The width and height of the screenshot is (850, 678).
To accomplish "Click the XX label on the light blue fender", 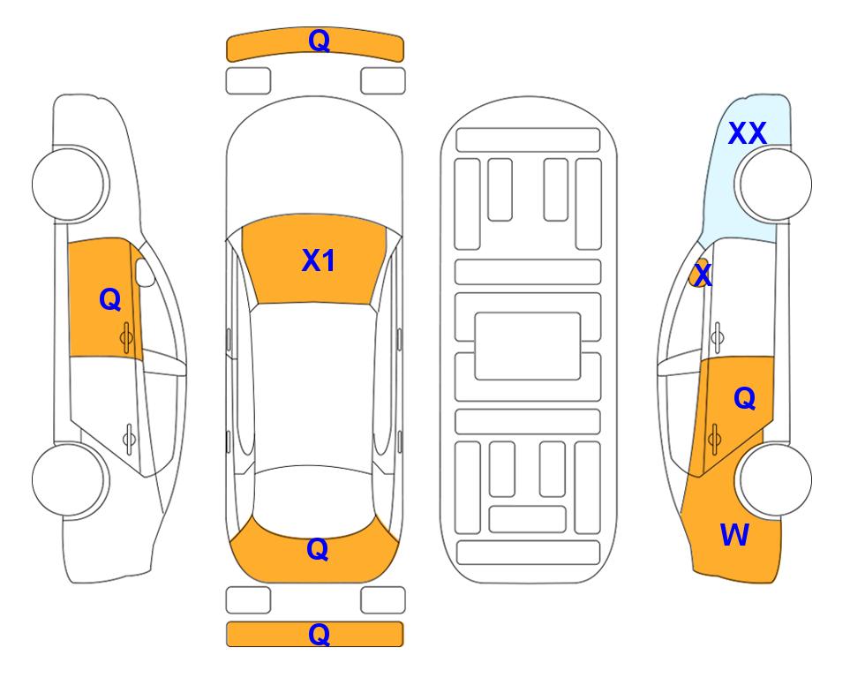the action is coord(747,133).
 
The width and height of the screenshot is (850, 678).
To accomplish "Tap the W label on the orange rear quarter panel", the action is coord(734,535).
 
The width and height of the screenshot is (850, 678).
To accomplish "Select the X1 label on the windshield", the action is coord(319,260).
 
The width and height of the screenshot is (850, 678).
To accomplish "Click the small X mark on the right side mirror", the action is coord(703,274).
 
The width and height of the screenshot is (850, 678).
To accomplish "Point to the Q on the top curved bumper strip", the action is coord(319,41).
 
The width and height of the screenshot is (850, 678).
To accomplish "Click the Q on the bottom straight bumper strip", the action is coord(319,634).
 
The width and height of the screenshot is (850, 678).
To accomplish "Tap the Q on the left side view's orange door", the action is coord(110,299).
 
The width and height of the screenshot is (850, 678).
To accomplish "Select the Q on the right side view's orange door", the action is coord(744,399).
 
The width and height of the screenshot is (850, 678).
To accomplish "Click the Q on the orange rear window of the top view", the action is coord(317,549).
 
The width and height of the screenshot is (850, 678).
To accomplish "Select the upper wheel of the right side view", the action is coord(775,184).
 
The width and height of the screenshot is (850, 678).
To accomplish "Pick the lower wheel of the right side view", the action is coord(775,480).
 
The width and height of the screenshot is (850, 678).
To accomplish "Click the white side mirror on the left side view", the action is coord(145,272).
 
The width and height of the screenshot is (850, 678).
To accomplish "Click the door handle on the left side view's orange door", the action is coord(126,337).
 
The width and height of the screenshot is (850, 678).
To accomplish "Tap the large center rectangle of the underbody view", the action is coord(528,346).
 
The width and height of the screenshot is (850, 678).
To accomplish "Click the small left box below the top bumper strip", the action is coord(248,81).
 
